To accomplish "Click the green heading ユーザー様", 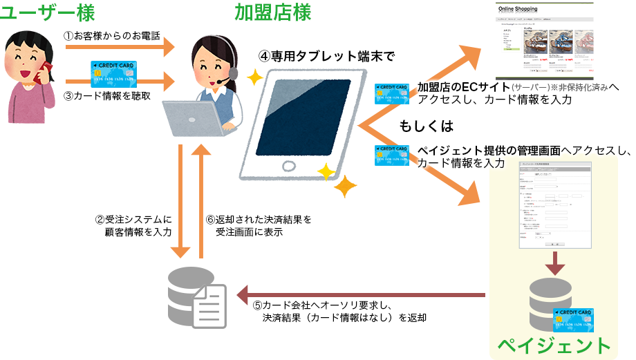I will [x=48, y=12].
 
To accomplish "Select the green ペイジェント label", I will [x=555, y=344].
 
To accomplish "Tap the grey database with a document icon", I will [x=197, y=297].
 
